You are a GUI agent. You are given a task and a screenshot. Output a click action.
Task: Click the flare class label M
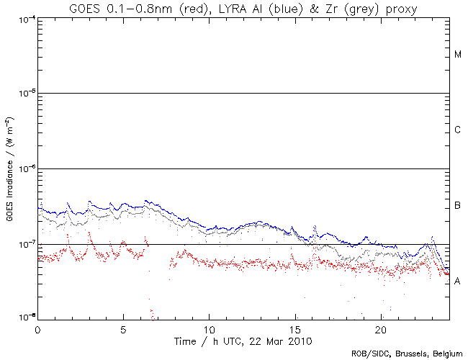point(457,55)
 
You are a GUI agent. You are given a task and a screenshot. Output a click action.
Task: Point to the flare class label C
point(457,130)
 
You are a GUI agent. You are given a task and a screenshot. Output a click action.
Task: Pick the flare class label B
point(457,207)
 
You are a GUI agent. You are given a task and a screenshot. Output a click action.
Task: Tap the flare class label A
point(457,282)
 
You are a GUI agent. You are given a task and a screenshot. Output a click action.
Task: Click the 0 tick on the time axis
point(37,328)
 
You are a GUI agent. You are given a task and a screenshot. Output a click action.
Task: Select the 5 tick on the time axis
point(123,328)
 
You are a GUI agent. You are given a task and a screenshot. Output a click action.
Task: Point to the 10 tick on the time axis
point(209,328)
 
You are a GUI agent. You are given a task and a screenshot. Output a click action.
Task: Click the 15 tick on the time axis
point(294,328)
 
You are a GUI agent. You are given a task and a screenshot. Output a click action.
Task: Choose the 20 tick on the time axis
point(380,328)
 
